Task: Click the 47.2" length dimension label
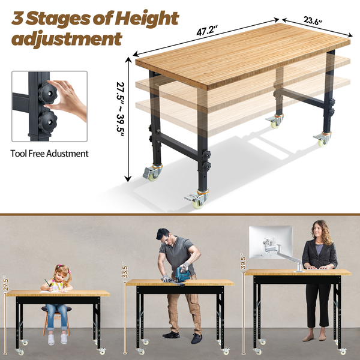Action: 207,31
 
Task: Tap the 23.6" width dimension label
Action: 313,20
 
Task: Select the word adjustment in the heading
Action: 67,39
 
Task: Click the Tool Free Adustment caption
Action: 49,154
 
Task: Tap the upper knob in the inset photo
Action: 47,94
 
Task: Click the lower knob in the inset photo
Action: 47,122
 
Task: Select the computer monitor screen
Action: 271,242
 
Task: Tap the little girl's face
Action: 60,275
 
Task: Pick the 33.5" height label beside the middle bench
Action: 125,272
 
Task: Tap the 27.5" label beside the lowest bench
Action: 6,284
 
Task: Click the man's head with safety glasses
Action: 164,236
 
